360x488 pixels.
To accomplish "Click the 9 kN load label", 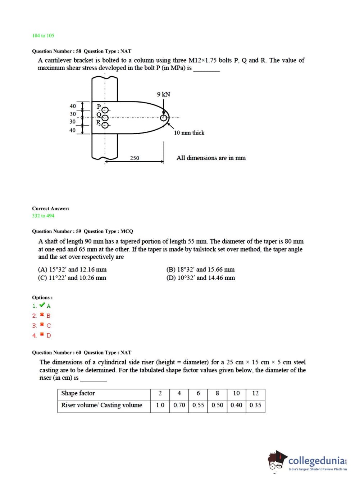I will pyautogui.click(x=163, y=94).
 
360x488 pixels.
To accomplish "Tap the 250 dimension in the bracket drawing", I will pyautogui.click(x=135, y=158).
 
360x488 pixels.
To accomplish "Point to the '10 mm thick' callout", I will pyautogui.click(x=189, y=133).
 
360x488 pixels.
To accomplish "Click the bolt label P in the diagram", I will pyautogui.click(x=99, y=106).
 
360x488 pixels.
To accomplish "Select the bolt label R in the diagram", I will pyautogui.click(x=98, y=122).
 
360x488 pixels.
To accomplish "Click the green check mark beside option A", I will pyautogui.click(x=42, y=305).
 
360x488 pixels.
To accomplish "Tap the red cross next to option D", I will pyautogui.click(x=42, y=335).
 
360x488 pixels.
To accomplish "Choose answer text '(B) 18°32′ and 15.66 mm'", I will pyautogui.click(x=200, y=270).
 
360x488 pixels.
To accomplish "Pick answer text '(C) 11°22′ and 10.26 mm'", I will pyautogui.click(x=72, y=278).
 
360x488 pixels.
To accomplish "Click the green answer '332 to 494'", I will pyautogui.click(x=43, y=216).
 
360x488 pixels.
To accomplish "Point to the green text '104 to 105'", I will pyautogui.click(x=43, y=36).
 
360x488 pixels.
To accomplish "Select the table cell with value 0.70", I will pyautogui.click(x=179, y=405).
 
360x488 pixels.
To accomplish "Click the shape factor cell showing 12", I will pyautogui.click(x=255, y=393).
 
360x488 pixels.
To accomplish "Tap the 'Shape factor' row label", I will pyautogui.click(x=78, y=393).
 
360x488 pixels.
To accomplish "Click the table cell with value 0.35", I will pyautogui.click(x=255, y=405).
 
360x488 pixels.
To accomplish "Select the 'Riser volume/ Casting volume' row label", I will pyautogui.click(x=101, y=405).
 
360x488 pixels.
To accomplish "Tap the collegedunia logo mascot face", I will pyautogui.click(x=276, y=462).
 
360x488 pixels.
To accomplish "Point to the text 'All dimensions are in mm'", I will pyautogui.click(x=211, y=158).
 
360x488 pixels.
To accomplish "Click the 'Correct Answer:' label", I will pyautogui.click(x=51, y=209).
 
